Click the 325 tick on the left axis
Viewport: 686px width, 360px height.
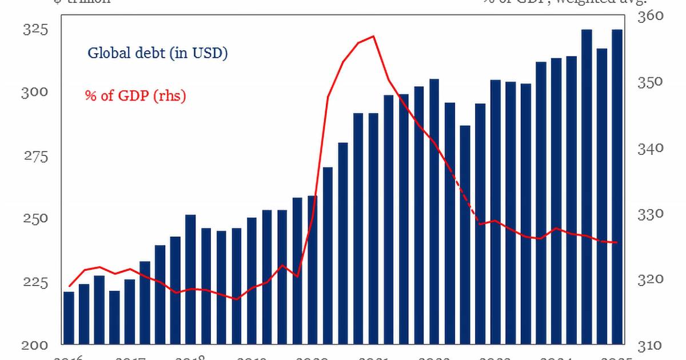[x=34, y=30]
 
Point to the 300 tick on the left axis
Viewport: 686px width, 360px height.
[x=34, y=93]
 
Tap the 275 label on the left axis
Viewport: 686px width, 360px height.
[x=34, y=156]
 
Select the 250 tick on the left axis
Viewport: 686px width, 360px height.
[x=34, y=219]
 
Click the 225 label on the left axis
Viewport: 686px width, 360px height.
[x=34, y=282]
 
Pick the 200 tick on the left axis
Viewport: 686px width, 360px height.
[x=34, y=345]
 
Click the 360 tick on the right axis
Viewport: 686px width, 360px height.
[x=651, y=16]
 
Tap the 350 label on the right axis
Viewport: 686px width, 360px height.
[x=651, y=82]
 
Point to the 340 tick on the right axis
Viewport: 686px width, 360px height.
[x=651, y=148]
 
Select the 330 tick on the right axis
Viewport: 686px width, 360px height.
[x=651, y=214]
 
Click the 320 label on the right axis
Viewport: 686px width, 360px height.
[x=651, y=279]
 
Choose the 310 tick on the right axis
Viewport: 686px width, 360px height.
[x=651, y=345]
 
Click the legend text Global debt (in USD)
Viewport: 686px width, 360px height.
[x=158, y=53]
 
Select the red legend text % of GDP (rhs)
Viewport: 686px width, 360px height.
[x=135, y=96]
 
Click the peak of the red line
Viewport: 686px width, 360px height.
[x=373, y=37]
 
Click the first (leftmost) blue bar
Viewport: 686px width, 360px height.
[x=69, y=318]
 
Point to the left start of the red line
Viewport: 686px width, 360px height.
[x=69, y=286]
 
